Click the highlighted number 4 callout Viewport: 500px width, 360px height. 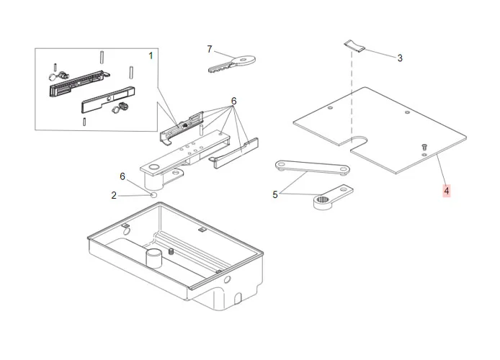pyautogui.click(x=447, y=191)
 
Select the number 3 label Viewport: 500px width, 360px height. pyautogui.click(x=400, y=58)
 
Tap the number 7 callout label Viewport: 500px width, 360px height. pyautogui.click(x=210, y=50)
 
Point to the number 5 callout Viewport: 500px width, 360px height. pyautogui.click(x=274, y=194)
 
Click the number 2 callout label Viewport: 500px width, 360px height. pyautogui.click(x=114, y=195)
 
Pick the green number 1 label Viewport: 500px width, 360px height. pyautogui.click(x=151, y=55)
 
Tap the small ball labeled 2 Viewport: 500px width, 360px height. pyautogui.click(x=153, y=194)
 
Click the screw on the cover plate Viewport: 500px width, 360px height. pyautogui.click(x=425, y=146)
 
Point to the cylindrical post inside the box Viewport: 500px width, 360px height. pyautogui.click(x=155, y=257)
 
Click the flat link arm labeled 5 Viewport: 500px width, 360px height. pyautogui.click(x=312, y=168)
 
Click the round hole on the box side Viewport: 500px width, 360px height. pyautogui.click(x=226, y=279)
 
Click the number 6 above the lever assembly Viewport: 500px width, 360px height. pyautogui.click(x=233, y=100)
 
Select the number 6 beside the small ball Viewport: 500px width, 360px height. pyautogui.click(x=122, y=176)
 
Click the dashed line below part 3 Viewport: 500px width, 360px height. pyautogui.click(x=352, y=94)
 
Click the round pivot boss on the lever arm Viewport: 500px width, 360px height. pyautogui.click(x=153, y=170)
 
